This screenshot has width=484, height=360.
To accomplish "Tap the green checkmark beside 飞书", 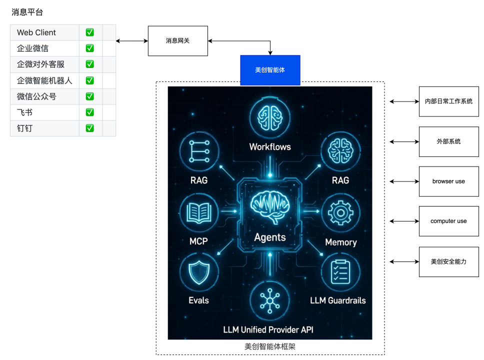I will [90, 112].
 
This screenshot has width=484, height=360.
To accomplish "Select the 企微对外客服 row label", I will [40, 64].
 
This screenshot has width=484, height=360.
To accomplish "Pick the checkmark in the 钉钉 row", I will [90, 128].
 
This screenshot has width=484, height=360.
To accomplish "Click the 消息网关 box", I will [177, 41].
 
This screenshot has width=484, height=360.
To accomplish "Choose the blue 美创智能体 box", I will [270, 70].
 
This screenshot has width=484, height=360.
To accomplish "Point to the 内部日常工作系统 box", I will [448, 101].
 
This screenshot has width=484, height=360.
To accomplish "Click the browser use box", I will [448, 181].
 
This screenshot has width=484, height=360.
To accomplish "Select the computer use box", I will [448, 221].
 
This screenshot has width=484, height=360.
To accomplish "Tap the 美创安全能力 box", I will [448, 261].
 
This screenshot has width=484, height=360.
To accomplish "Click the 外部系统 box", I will [448, 141].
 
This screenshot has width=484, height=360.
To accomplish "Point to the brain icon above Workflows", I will [270, 117].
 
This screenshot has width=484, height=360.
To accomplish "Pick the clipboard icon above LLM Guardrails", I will [340, 273].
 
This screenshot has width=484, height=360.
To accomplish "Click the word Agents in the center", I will [270, 237].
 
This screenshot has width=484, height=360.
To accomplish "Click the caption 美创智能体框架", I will [270, 346].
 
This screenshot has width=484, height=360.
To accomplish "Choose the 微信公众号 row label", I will [36, 96].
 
